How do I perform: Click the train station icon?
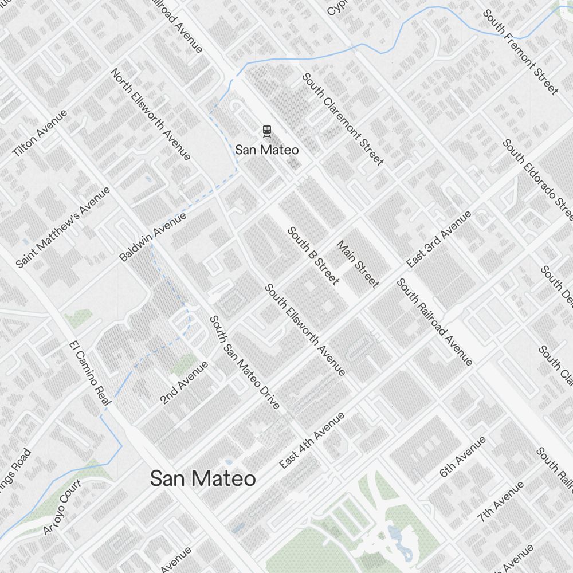pos(267,132)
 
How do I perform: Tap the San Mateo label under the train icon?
pos(267,150)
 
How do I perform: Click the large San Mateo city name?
pos(203,478)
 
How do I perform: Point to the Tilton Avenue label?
pos(40,134)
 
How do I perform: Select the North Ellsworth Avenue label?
pos(151,115)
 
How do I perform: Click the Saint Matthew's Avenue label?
pos(62,227)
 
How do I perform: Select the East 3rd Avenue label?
pos(439,239)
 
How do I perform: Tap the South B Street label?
pos(313,256)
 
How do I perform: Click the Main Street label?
pos(358,264)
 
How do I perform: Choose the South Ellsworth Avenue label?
pos(305,329)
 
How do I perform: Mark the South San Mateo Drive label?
pos(245,362)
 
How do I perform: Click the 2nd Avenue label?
pos(184,382)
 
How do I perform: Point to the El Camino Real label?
pos(89,375)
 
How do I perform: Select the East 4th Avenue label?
pos(312,440)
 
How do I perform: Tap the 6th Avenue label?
pos(462,457)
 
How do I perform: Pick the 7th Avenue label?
pos(501,501)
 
